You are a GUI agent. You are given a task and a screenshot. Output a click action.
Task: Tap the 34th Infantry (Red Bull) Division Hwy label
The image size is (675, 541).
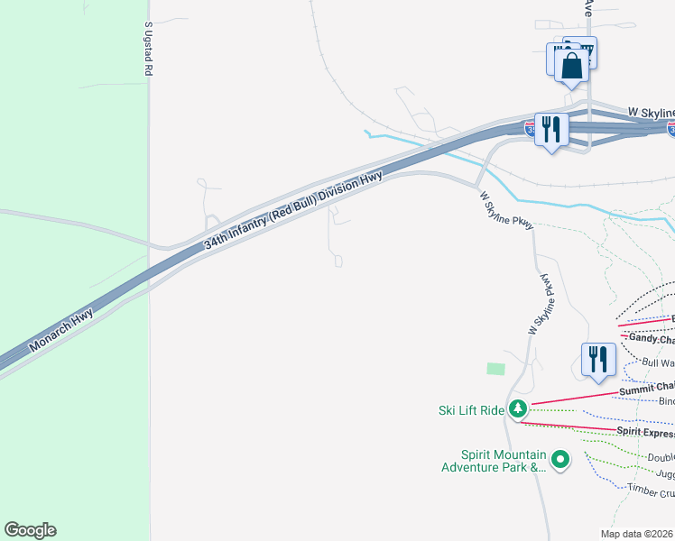tap(295, 209)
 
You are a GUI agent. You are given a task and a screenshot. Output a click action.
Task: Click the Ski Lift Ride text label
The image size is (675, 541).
tap(471, 410)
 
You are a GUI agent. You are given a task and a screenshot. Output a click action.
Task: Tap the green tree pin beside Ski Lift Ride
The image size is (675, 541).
tap(518, 409)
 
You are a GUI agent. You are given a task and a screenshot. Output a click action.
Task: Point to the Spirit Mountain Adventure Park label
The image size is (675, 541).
tap(493, 461)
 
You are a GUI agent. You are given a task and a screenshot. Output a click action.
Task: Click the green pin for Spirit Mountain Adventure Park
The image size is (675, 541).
tap(560, 460)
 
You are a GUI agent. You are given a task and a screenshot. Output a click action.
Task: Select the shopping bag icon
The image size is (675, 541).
tap(571, 66)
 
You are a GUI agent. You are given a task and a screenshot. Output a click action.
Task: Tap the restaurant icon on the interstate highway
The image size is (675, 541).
tap(550, 129)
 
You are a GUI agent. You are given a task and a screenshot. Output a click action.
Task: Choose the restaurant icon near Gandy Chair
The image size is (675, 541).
tap(597, 359)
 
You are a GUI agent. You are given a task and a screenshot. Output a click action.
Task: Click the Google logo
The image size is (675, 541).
tap(30, 530)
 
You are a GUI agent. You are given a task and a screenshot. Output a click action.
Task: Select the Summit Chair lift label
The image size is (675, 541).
tap(647, 389)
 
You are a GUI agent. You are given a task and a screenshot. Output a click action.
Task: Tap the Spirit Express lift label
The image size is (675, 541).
tap(646, 432)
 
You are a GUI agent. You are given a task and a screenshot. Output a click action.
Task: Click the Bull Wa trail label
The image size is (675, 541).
tap(658, 362)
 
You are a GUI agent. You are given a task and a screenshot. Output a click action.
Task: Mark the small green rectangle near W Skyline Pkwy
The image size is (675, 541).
tap(495, 369)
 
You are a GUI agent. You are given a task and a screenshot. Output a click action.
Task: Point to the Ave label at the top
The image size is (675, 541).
tap(587, 8)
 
